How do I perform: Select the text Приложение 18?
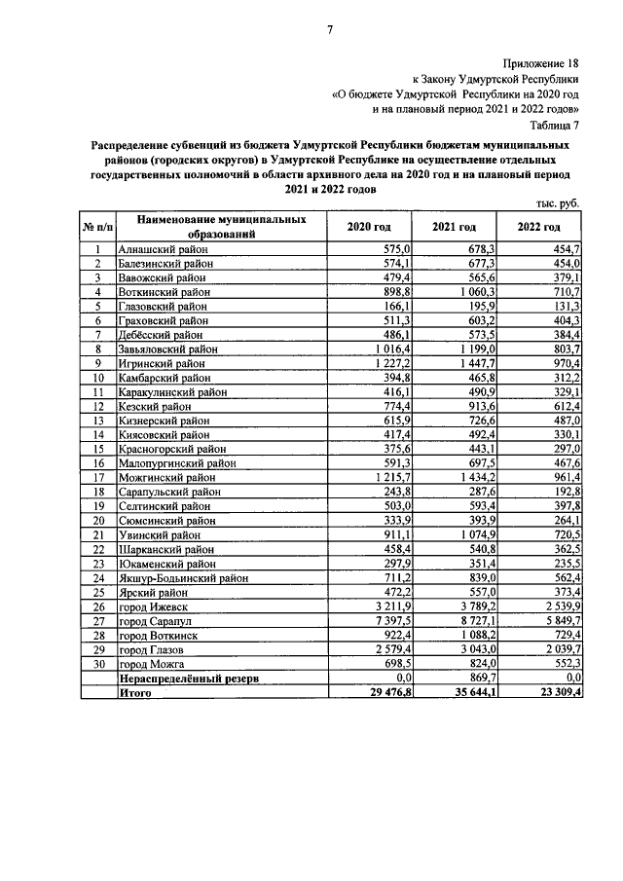click(x=543, y=62)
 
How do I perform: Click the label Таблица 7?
click(x=555, y=125)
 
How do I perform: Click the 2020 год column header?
click(x=369, y=227)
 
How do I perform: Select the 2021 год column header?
click(x=455, y=227)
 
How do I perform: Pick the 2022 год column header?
click(x=539, y=227)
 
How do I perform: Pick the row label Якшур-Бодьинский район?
click(x=181, y=577)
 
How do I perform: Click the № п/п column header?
click(x=98, y=227)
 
